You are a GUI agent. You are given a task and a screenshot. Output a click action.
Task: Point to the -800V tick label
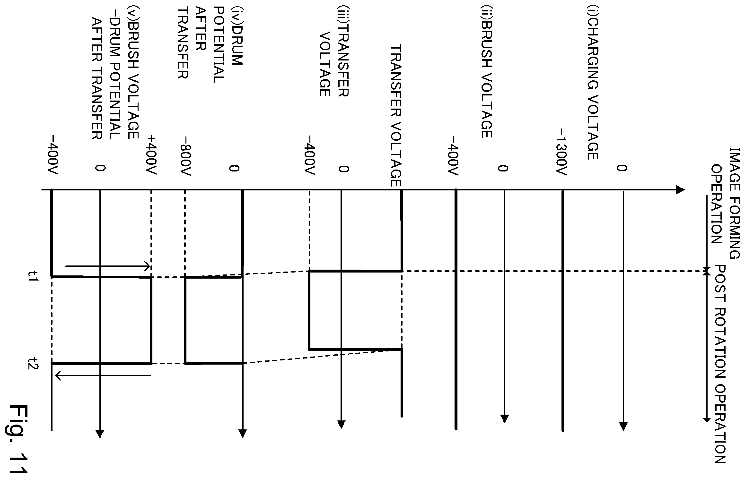coord(185,156)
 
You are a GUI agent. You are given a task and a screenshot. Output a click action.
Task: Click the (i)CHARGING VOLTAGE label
coord(593,83)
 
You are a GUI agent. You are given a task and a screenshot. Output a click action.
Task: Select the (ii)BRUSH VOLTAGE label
coord(486,72)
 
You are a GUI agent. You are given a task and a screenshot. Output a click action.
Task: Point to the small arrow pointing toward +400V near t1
coord(108,266)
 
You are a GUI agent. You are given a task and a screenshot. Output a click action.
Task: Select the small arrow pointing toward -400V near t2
coord(103,376)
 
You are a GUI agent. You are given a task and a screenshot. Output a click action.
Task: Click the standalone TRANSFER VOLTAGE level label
coord(396,115)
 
